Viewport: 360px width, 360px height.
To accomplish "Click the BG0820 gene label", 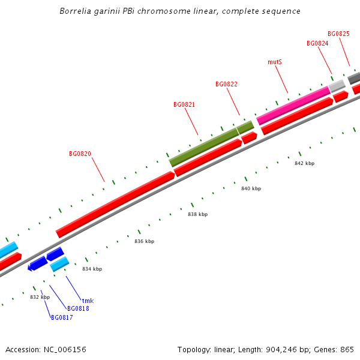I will pos(80,154).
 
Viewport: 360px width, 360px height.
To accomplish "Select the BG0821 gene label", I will pos(184,104).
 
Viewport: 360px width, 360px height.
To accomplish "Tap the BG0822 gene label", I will pos(226,84).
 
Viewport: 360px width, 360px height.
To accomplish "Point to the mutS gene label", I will pos(275,62).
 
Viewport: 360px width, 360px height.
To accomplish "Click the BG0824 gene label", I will pos(317,43).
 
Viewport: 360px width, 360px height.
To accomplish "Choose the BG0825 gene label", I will pos(338,34).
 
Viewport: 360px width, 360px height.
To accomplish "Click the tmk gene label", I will pos(88,301).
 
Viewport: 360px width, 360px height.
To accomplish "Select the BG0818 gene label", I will pos(78,308).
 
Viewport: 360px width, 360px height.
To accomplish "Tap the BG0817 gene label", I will pos(62,317).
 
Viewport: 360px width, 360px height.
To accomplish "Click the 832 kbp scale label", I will pos(40,297).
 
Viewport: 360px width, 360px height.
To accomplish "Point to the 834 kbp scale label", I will pos(92,269).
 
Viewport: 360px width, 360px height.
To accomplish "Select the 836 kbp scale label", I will pos(144,241).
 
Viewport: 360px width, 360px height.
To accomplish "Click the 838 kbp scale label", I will pos(197,214).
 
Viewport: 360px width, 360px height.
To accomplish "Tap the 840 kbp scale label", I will pos(251,188).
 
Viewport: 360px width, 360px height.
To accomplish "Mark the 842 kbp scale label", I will pos(304,163).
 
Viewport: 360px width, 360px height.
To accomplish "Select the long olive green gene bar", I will pos(204,147).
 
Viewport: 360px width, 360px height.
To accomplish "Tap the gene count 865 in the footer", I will pos(347,349).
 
